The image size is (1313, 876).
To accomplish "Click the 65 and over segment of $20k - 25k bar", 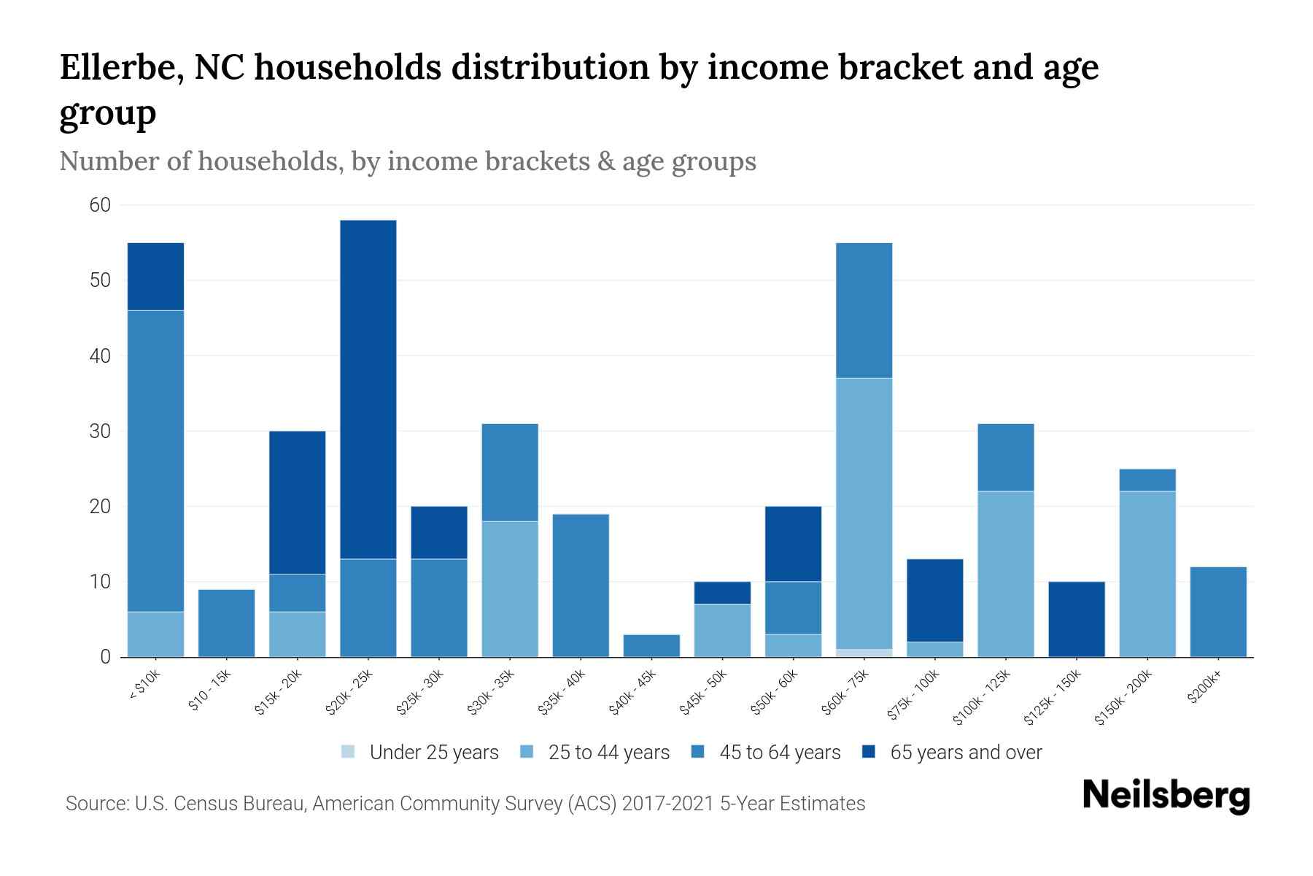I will click(x=368, y=389).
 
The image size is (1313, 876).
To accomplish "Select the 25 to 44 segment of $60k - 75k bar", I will click(x=864, y=513).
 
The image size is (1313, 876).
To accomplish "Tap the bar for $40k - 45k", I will click(x=651, y=645).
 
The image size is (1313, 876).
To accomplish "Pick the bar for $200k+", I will click(x=1218, y=612).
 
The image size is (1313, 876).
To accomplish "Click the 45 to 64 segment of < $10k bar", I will click(x=155, y=461).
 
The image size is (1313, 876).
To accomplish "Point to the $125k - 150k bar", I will click(x=1077, y=619).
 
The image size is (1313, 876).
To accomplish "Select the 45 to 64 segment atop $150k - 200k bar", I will click(x=1147, y=480).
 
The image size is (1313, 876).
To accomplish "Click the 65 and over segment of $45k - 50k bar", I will click(x=722, y=593).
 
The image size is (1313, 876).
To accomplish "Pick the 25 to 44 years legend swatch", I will click(x=527, y=752).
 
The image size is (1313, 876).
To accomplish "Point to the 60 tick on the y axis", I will click(x=100, y=205).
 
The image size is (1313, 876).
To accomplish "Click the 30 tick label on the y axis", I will click(x=100, y=431).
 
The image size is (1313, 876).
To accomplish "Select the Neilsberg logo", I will click(x=1166, y=796).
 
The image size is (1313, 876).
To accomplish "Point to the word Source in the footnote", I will click(x=95, y=804).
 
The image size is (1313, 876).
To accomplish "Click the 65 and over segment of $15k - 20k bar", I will click(x=297, y=502).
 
